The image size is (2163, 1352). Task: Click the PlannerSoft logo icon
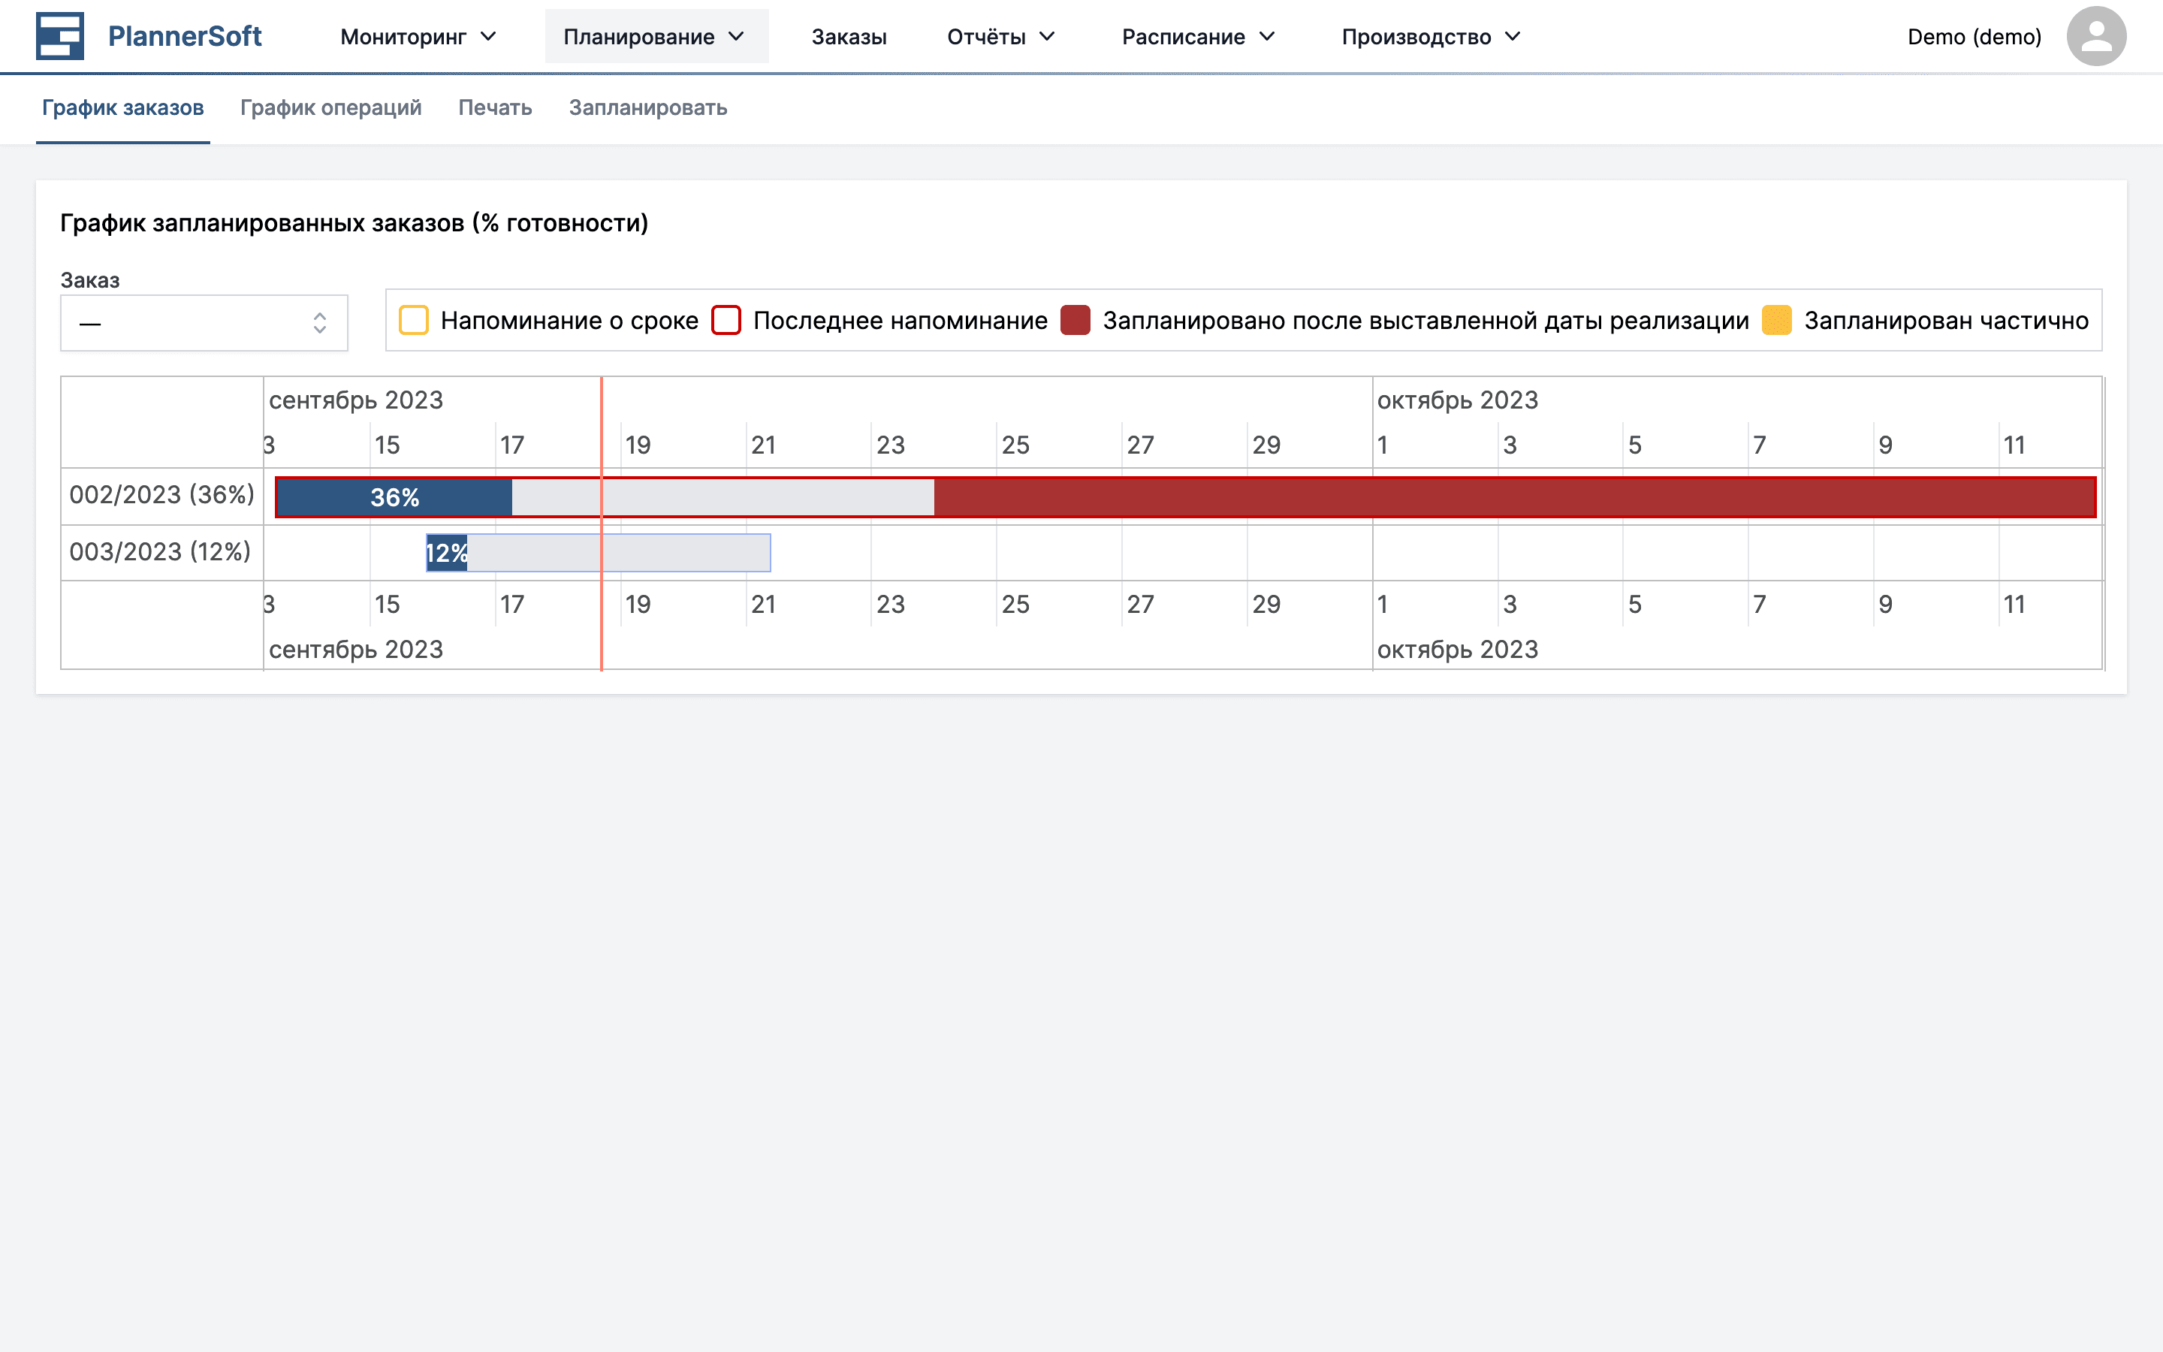[59, 36]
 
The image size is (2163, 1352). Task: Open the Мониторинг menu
[418, 37]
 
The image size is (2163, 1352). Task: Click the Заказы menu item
[848, 37]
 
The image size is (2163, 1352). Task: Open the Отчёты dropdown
[1000, 37]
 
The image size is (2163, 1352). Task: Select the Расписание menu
[1198, 37]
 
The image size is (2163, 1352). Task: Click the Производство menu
[1430, 37]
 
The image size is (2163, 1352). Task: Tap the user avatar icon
[2095, 37]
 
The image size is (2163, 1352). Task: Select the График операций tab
[330, 107]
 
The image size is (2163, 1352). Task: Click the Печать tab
[494, 107]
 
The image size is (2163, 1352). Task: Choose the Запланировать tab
[647, 107]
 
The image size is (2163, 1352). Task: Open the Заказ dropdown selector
[204, 323]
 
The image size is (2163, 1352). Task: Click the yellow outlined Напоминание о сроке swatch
[414, 320]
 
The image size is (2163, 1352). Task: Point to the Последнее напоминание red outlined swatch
[726, 320]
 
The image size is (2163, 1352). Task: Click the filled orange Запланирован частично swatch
[1776, 320]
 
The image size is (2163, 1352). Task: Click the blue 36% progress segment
[394, 497]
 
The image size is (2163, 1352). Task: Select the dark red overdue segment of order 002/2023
[1510, 497]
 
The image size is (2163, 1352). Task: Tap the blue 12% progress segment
[446, 553]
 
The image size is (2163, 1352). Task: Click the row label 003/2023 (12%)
[160, 552]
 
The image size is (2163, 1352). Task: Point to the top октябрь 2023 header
[1457, 400]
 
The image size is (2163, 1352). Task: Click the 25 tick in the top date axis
[1015, 445]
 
